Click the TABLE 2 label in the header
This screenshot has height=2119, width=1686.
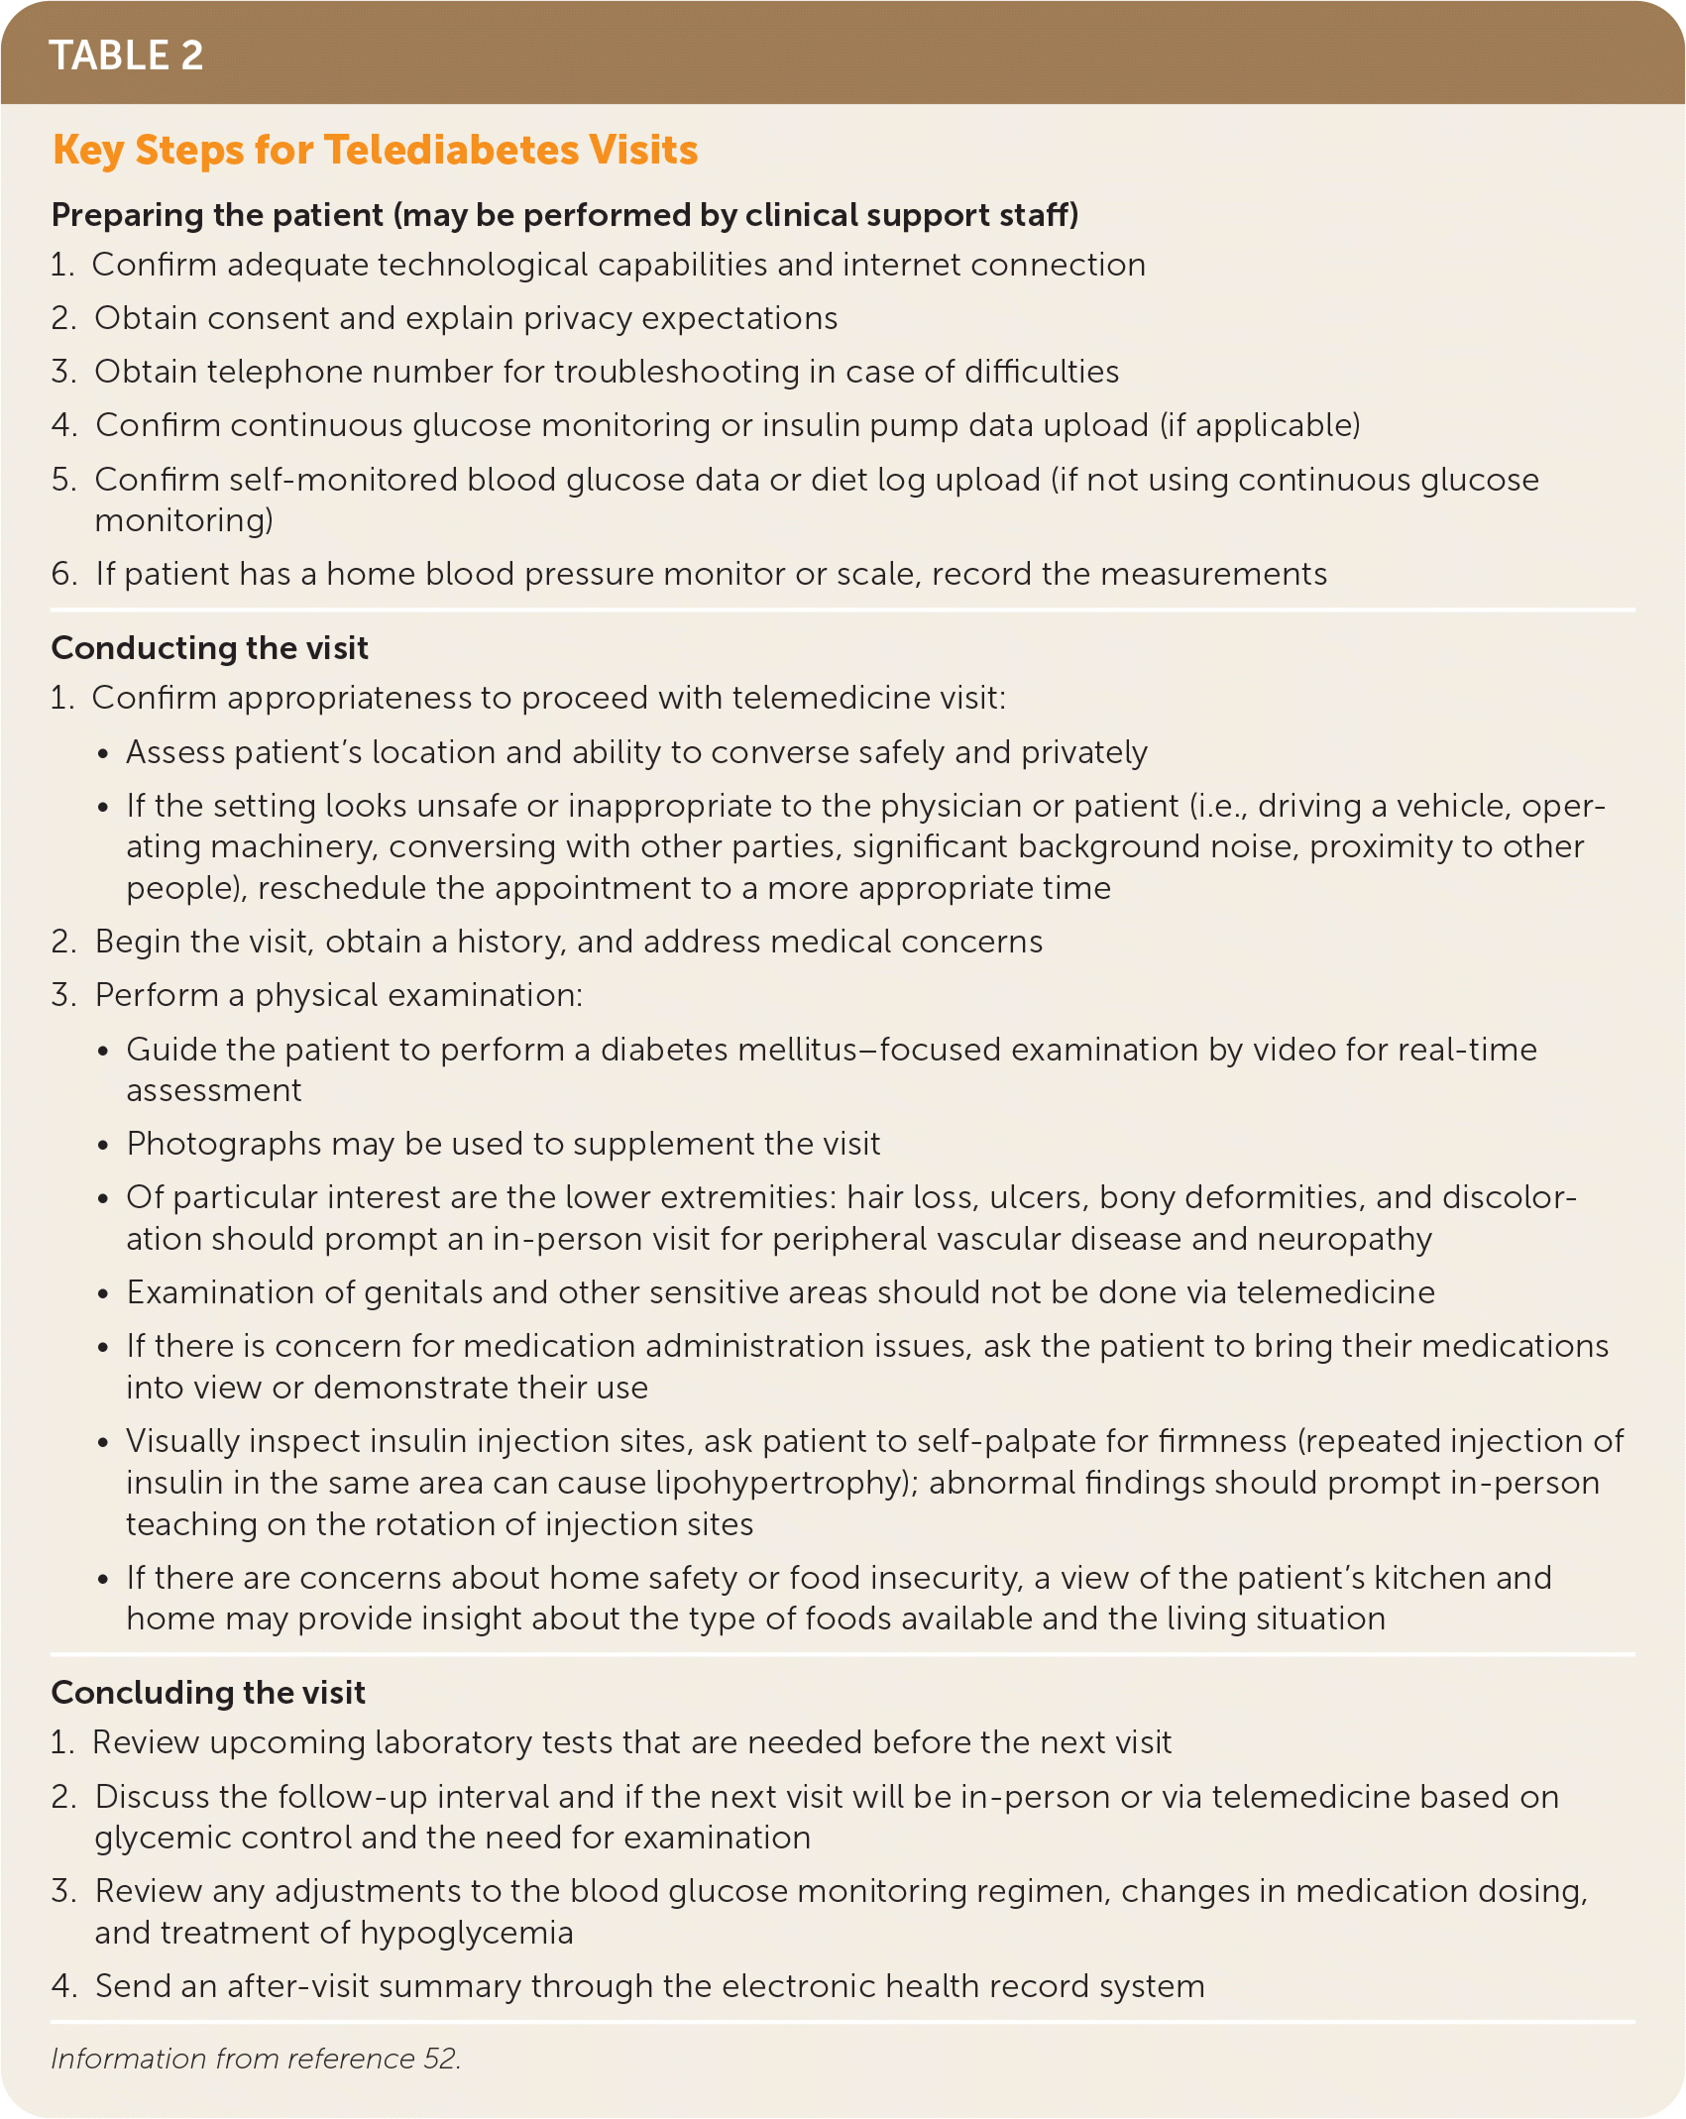[126, 56]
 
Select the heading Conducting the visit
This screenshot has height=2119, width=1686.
[209, 648]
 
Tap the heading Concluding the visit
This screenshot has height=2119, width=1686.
[208, 1693]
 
